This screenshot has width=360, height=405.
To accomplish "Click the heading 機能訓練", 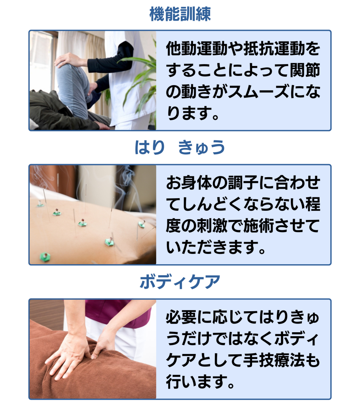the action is (x=180, y=14).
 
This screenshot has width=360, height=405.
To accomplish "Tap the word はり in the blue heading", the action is (x=150, y=147).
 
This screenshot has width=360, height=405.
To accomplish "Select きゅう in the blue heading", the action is (x=202, y=147).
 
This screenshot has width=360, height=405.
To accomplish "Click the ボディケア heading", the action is (x=180, y=282).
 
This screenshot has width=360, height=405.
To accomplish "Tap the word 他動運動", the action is (x=197, y=49).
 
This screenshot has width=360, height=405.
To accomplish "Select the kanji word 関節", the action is (x=305, y=70).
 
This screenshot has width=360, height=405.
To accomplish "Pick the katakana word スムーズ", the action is (x=259, y=92).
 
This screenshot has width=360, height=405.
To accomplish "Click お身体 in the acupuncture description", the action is (x=189, y=183).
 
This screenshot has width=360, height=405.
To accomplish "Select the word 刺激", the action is (x=212, y=226).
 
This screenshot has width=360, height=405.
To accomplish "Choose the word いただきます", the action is (x=212, y=248).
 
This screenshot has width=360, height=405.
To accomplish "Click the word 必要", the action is (x=182, y=317).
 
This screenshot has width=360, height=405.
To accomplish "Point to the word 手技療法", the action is (x=274, y=360).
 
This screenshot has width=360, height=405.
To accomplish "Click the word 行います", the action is (x=197, y=382).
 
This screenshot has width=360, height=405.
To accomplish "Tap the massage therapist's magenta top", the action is (x=116, y=312).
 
